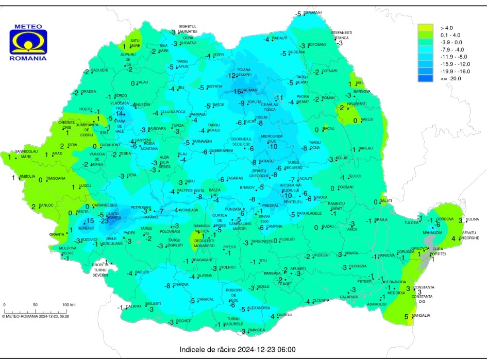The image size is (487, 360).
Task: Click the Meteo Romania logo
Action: [x=28, y=42]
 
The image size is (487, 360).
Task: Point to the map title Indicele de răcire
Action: [x=238, y=350]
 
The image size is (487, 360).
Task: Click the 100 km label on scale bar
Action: [x=69, y=305]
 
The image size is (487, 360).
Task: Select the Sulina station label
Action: [x=472, y=219]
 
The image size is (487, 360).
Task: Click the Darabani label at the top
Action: [x=312, y=12]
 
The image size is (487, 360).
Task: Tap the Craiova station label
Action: [x=180, y=285]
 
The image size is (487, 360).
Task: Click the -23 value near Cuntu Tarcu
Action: [x=104, y=221]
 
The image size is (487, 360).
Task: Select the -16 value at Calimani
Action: [x=237, y=91]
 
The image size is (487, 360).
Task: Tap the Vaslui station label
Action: [x=367, y=119]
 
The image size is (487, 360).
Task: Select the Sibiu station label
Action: [x=191, y=181]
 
